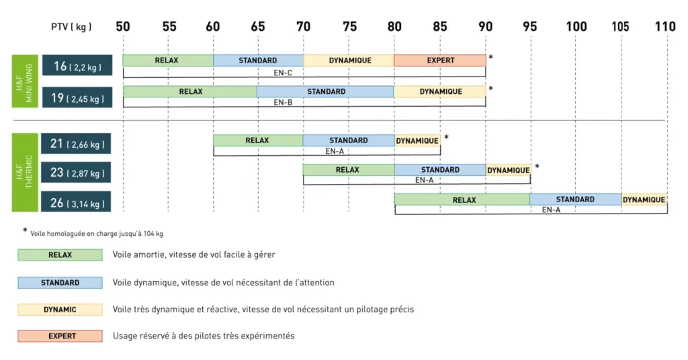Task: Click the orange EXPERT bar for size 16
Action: point(440,60)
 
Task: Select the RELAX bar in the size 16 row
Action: point(168,60)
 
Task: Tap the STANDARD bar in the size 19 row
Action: point(326,91)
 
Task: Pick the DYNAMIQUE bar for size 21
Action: point(417,140)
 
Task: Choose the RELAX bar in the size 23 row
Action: point(348,170)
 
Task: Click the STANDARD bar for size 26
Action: point(575,199)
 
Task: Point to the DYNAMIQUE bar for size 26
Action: point(644,199)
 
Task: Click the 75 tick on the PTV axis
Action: point(349,27)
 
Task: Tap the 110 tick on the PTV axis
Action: point(665,27)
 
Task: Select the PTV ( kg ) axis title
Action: point(71,27)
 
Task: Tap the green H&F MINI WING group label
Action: point(24,81)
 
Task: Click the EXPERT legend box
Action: point(60,336)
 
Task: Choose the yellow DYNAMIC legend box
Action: point(60,310)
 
